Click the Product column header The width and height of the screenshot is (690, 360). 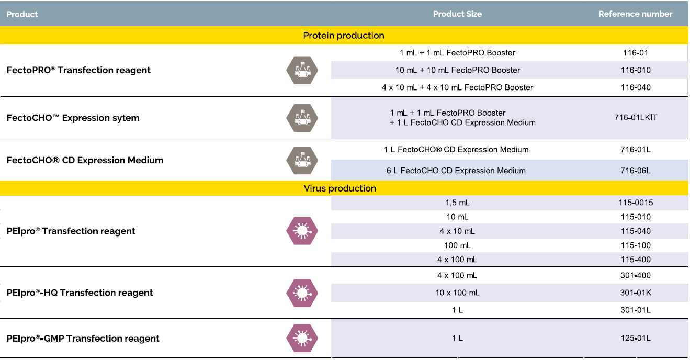(x=22, y=14)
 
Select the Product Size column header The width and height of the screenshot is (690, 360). (x=457, y=14)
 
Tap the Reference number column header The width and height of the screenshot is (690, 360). (x=635, y=14)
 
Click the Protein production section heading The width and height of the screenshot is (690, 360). (x=344, y=36)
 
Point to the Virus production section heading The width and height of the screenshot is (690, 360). (x=340, y=188)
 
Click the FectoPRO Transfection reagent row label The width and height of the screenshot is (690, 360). (x=78, y=70)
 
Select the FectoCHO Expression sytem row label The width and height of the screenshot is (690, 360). (x=73, y=118)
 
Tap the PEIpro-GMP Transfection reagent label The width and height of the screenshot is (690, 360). (x=83, y=339)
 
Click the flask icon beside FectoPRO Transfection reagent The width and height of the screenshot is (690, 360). (x=302, y=70)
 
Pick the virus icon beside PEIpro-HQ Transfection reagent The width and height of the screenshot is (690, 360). (x=302, y=292)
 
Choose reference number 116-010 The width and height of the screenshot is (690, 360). (x=636, y=70)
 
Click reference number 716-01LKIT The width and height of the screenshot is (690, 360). (x=636, y=117)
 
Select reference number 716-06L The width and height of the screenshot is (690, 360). (x=636, y=171)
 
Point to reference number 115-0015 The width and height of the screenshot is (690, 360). (x=636, y=203)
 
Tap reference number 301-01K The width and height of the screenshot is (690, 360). (x=636, y=292)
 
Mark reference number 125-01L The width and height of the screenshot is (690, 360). (x=636, y=338)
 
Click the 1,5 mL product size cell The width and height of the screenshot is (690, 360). (x=457, y=203)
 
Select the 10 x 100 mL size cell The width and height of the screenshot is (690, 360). (x=457, y=292)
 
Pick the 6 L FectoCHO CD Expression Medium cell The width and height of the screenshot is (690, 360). (x=455, y=171)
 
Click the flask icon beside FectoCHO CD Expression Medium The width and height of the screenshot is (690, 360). (x=302, y=160)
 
